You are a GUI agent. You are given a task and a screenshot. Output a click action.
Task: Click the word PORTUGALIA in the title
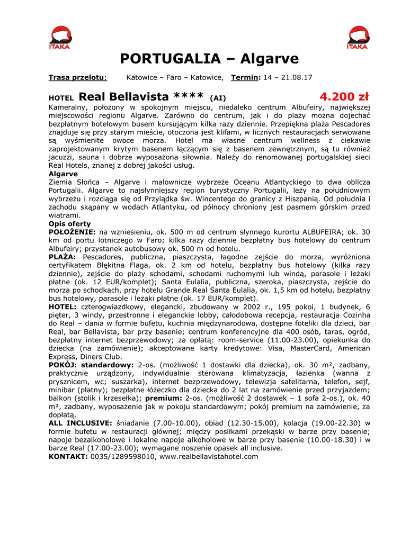(170, 58)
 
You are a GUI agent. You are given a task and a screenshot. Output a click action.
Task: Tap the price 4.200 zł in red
(344, 97)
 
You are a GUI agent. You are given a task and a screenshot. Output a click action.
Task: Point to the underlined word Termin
(245, 77)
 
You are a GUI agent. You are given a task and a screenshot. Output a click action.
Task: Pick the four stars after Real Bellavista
(189, 97)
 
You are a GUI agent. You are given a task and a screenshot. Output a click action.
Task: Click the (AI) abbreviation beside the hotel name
(218, 98)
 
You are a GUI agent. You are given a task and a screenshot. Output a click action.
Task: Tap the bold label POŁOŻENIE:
(72, 232)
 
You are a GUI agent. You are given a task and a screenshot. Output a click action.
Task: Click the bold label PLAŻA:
(64, 257)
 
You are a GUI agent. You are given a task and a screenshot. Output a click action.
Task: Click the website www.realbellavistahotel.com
(209, 456)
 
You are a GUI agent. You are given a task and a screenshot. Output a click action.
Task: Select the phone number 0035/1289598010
(123, 456)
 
